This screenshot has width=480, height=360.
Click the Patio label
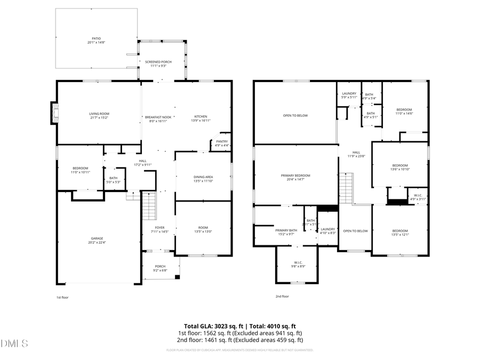(96, 38)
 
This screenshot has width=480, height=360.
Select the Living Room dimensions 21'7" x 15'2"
(99, 117)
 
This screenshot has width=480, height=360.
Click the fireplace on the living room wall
(53, 113)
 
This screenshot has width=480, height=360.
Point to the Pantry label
(222, 141)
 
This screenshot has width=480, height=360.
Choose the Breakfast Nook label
(158, 117)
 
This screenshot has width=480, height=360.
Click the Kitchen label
(201, 117)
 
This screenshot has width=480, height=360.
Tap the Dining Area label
(203, 177)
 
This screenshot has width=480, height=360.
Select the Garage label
(97, 238)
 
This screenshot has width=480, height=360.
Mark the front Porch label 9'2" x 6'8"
(160, 266)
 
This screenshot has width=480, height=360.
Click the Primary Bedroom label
(295, 175)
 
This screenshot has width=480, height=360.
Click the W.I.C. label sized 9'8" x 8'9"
(298, 262)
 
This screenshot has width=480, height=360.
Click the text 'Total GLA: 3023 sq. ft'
(212, 326)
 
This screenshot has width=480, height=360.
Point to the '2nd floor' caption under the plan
(282, 297)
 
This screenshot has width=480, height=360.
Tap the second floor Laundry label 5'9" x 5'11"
(349, 93)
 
